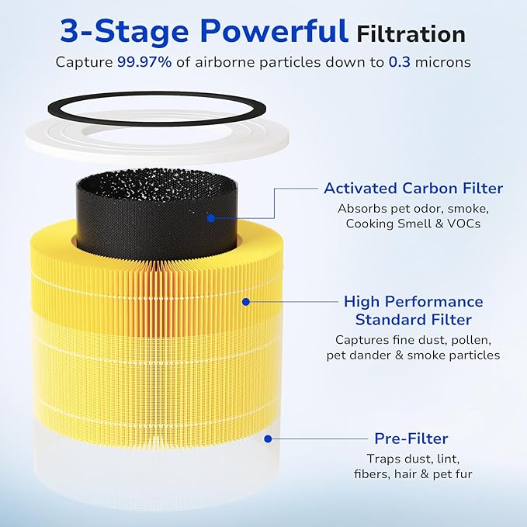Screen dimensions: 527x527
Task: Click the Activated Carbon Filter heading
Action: click(413, 189)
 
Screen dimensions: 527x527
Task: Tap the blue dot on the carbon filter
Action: click(210, 218)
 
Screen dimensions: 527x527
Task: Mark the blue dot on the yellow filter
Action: click(245, 300)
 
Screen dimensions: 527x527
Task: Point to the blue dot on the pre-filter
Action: click(267, 439)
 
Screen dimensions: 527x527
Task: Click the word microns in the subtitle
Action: click(444, 61)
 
